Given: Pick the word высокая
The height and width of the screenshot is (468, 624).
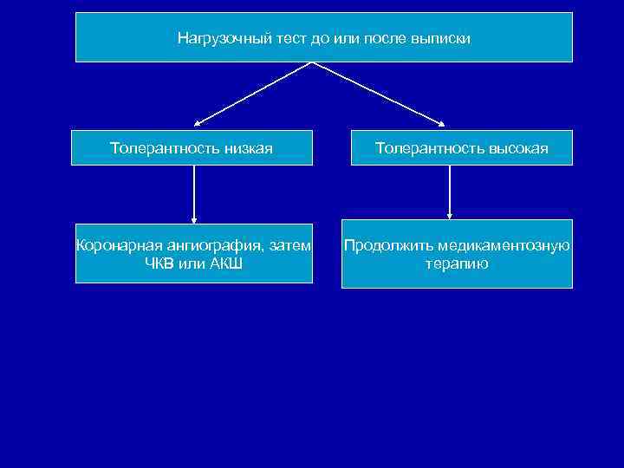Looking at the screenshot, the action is tap(517, 148).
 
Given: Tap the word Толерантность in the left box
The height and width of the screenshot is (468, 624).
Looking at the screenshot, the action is tap(161, 148).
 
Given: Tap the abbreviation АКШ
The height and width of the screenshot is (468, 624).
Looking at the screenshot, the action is tap(224, 263).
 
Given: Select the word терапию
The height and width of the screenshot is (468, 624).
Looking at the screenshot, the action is tap(457, 263).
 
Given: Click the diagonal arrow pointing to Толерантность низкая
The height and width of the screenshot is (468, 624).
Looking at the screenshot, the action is tap(251, 94).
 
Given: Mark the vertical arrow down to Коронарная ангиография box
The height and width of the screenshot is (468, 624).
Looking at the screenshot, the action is tap(194, 194).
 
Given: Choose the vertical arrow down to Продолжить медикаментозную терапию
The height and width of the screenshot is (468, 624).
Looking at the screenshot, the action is tap(450, 192).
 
